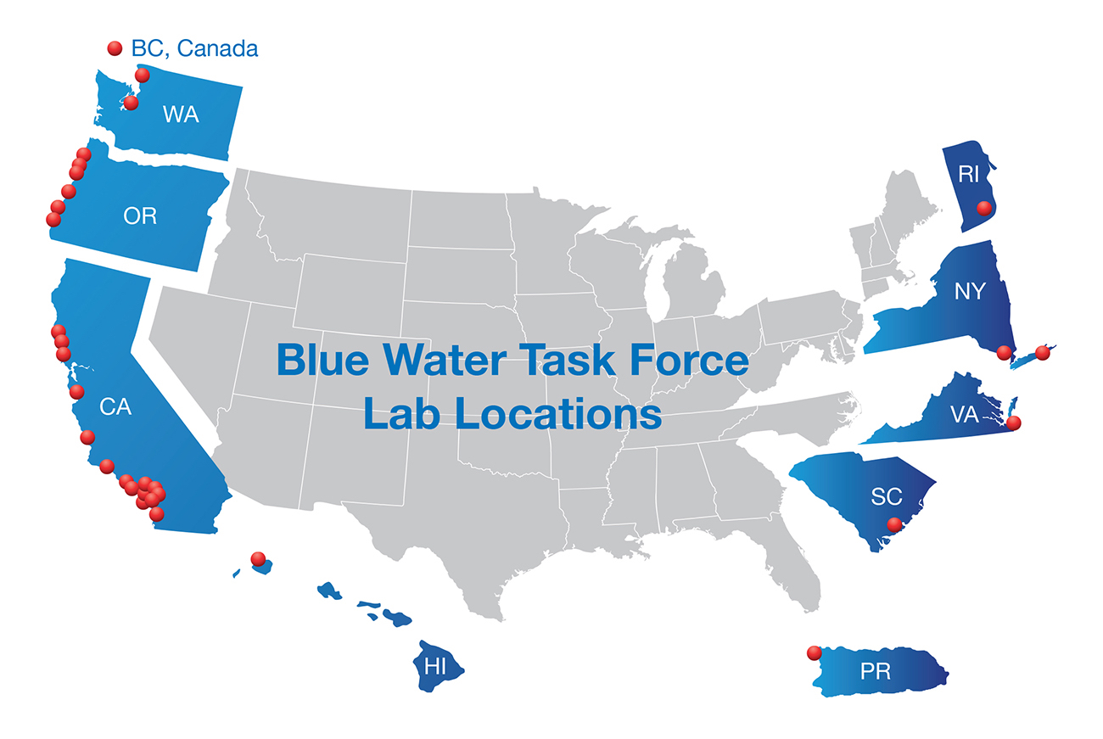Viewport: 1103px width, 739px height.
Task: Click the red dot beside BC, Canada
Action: (x=115, y=48)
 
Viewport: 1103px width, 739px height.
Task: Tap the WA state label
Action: (x=181, y=115)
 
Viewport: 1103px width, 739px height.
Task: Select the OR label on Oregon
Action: (x=140, y=216)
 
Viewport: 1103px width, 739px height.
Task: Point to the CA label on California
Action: (x=115, y=406)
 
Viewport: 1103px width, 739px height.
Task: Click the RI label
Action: (x=969, y=174)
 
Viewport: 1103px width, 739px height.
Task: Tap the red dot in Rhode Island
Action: (x=984, y=208)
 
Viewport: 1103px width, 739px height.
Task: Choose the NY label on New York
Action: (x=970, y=291)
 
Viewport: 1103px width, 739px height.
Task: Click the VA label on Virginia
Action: (x=965, y=414)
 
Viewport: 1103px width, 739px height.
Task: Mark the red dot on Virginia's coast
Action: (x=1013, y=423)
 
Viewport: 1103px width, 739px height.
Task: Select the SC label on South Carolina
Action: (x=887, y=496)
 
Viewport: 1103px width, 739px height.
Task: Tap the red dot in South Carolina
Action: (x=895, y=525)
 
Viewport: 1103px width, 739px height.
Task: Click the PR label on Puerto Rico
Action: (x=876, y=671)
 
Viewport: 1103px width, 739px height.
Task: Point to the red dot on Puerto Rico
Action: (x=815, y=653)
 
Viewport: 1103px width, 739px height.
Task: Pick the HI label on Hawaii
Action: (x=435, y=667)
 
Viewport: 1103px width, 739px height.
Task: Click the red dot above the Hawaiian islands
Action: (x=258, y=559)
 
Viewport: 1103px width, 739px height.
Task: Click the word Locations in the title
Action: (x=558, y=414)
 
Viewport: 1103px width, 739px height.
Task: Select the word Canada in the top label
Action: (x=217, y=48)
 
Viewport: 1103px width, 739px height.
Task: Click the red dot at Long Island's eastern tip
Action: (x=1043, y=352)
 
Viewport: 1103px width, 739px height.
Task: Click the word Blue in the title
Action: (x=322, y=360)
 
